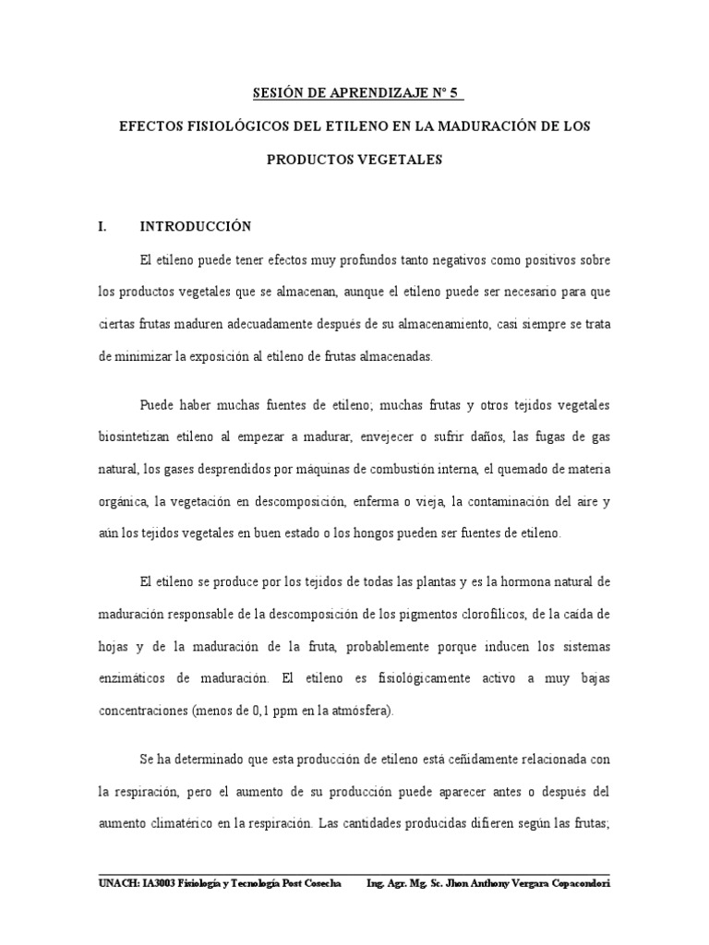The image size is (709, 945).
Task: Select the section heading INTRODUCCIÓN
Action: coord(195,226)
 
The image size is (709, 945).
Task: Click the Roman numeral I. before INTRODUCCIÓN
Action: coord(103,226)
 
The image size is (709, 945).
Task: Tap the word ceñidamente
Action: coord(452,759)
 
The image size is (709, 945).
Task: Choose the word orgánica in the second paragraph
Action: coord(123,501)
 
